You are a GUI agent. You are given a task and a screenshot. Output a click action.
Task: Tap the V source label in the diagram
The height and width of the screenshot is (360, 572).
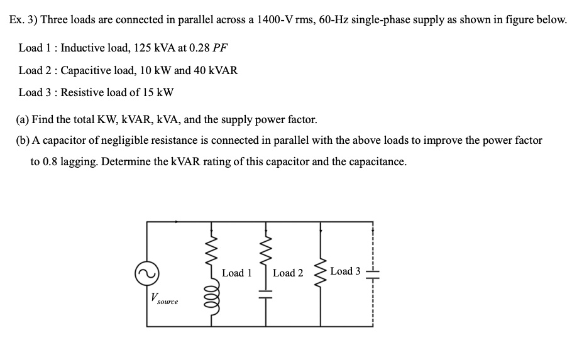click(163, 299)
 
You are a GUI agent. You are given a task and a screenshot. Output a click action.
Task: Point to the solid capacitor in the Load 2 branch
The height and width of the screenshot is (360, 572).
click(265, 293)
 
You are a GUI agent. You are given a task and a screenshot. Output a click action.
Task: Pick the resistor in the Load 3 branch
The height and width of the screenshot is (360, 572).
click(322, 272)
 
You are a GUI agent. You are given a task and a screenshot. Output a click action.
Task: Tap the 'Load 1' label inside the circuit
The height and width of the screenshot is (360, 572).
click(237, 273)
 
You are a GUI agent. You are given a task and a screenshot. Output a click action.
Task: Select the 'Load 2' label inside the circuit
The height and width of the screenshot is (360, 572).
click(288, 273)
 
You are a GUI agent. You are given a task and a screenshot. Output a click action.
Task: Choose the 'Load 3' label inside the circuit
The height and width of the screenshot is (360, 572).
click(345, 271)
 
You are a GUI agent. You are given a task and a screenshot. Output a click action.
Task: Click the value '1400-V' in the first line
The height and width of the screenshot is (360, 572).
click(270, 19)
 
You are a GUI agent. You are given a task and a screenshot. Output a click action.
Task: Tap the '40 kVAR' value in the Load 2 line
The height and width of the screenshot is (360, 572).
click(216, 70)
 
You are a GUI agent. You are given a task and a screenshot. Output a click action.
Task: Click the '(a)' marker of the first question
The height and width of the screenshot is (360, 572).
click(23, 119)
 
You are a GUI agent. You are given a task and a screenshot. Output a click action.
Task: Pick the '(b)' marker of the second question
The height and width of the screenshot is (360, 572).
click(23, 140)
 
